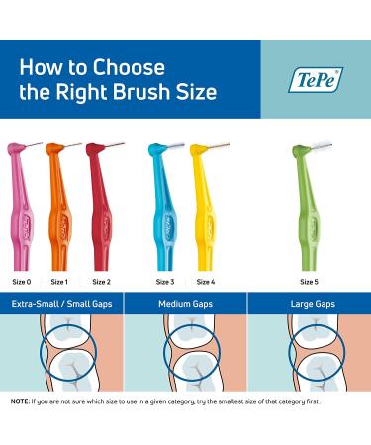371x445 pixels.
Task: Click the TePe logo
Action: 317,78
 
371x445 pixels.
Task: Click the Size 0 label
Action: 21,281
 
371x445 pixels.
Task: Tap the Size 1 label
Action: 59,281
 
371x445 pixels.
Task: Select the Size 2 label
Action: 101,281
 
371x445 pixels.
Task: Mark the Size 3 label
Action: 165,281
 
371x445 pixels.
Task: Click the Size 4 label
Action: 205,281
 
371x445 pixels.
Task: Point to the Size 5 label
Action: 310,281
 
